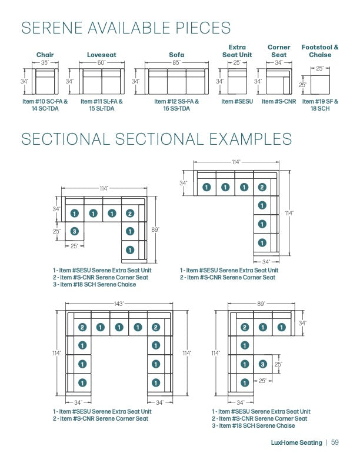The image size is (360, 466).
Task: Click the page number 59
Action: (335, 442)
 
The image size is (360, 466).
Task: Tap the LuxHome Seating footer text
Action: (296, 442)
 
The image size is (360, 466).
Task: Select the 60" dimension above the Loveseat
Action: (102, 62)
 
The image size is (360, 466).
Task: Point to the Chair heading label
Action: (45, 55)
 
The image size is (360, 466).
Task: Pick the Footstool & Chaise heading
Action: (320, 51)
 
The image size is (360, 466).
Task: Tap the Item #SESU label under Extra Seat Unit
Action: (237, 102)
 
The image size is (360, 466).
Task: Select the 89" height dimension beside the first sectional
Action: (155, 229)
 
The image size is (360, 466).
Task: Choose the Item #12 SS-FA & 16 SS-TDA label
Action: (176, 105)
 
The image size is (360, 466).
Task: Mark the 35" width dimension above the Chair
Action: (45, 62)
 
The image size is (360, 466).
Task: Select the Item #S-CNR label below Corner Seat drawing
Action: (279, 102)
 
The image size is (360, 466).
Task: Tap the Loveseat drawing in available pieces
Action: (102, 82)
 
